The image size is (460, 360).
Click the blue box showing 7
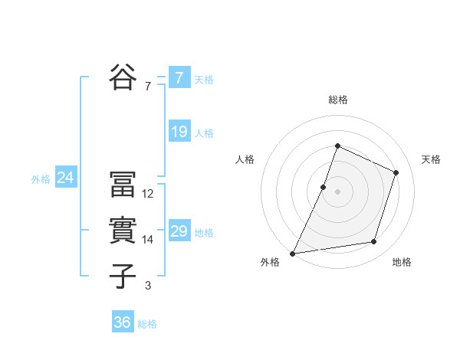point(179,78)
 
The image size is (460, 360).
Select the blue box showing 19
point(179,132)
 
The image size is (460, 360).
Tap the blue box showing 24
point(65,178)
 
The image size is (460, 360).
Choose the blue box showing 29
point(179,231)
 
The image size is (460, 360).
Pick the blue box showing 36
point(122,322)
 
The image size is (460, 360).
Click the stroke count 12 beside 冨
point(148,194)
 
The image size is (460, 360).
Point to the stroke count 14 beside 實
point(148,240)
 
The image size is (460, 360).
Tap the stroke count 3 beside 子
point(148,286)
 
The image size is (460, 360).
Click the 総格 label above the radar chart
point(338,100)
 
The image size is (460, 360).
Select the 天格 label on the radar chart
point(432,159)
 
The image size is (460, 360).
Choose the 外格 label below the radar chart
point(270,262)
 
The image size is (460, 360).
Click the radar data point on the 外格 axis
point(293,253)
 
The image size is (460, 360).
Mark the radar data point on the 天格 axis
point(396,172)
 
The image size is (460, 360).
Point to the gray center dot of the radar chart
point(338,191)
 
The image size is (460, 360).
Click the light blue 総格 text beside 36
point(147,324)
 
